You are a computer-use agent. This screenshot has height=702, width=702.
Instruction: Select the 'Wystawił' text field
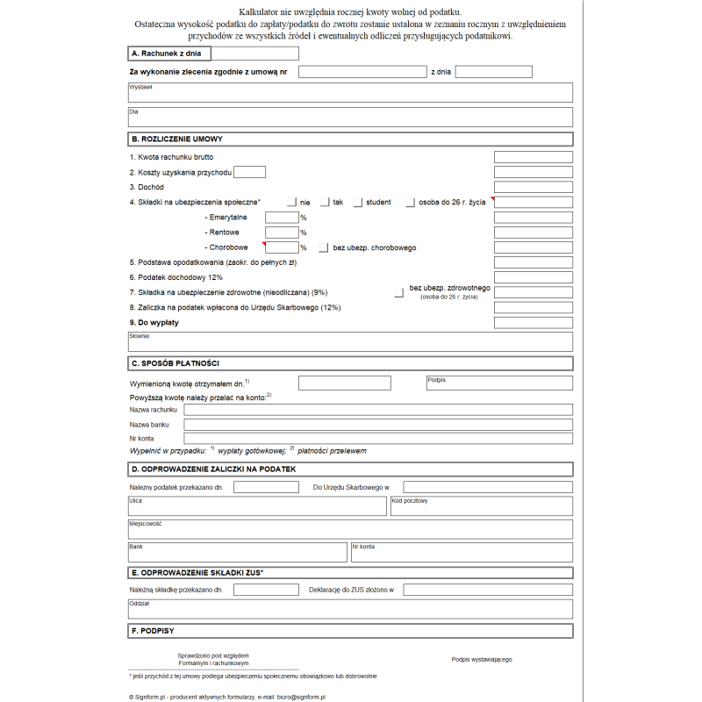pos(350,92)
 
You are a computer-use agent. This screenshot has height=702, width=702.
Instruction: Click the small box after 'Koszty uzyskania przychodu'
pos(250,172)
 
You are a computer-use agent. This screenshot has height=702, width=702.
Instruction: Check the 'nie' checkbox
pos(292,203)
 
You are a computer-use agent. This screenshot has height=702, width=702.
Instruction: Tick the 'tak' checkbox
pos(325,203)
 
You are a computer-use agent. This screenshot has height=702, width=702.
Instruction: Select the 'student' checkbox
pos(358,203)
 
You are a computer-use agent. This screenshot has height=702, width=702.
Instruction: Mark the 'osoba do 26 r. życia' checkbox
pos(411,203)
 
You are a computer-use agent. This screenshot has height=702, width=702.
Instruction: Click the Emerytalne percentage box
pos(282,218)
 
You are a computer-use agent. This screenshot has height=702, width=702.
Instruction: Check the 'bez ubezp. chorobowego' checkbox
pos(325,247)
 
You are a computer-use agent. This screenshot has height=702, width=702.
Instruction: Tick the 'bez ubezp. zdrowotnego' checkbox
pos(399,292)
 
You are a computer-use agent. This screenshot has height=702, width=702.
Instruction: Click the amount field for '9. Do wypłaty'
pos(533,322)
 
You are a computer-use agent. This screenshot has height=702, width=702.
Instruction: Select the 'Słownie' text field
pos(350,341)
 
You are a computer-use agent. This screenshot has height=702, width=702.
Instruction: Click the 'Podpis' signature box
pos(498,383)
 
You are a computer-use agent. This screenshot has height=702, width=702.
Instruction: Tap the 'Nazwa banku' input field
pos(377,424)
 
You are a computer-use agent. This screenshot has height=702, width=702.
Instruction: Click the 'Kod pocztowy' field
pos(481,505)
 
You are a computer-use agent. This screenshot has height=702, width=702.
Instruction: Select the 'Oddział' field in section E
pos(350,608)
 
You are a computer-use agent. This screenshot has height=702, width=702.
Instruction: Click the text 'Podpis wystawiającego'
pos(482,659)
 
